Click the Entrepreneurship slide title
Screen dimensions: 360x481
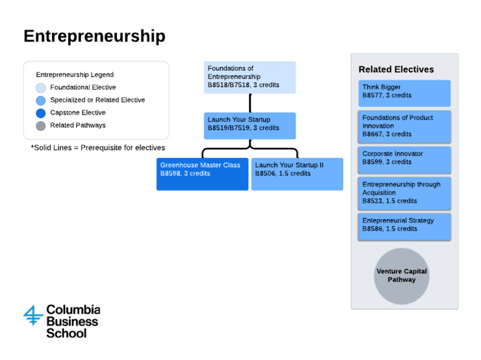pos(94,36)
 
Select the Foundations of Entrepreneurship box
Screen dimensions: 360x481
pos(249,77)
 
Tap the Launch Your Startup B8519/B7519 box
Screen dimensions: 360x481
pos(249,125)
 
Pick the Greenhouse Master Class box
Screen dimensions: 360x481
pos(202,173)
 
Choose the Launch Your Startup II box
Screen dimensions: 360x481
pos(297,173)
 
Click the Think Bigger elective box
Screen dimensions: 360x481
pos(404,92)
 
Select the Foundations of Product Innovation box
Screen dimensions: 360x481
pos(404,126)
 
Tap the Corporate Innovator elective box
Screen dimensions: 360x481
pos(404,159)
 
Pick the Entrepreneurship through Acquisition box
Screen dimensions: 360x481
pos(404,193)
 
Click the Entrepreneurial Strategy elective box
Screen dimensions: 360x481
pos(404,225)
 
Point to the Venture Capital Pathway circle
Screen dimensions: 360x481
pos(401,276)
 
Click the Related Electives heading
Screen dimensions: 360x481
pos(396,69)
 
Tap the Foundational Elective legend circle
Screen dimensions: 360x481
pos(41,88)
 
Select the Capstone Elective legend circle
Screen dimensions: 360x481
pos(41,113)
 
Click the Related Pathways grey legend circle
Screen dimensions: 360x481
pos(41,126)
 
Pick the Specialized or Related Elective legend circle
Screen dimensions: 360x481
pos(41,100)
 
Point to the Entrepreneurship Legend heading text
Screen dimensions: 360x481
pos(75,75)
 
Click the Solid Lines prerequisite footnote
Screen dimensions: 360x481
pos(98,148)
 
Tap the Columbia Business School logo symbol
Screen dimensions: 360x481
pos(33,314)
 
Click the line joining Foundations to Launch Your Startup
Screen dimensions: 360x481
pos(250,103)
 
